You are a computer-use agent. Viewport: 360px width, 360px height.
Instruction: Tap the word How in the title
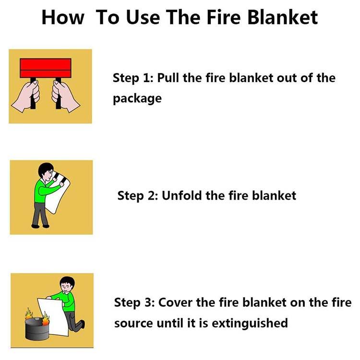pyautogui.click(x=62, y=17)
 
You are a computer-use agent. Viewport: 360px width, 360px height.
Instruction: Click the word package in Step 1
pyautogui.click(x=137, y=99)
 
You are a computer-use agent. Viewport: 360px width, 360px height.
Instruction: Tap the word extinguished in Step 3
pyautogui.click(x=250, y=323)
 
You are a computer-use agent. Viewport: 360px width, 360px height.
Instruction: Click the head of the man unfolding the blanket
pyautogui.click(x=46, y=170)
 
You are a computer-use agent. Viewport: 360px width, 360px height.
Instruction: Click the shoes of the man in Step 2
pyautogui.click(x=39, y=225)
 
